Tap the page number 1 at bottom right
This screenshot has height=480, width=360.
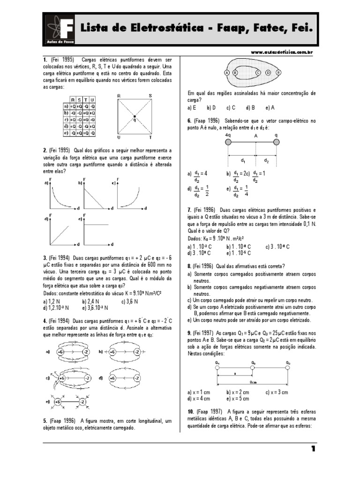coord(313,449)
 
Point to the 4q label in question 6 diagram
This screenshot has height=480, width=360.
coord(228,135)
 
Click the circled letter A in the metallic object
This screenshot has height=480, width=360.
coord(227,73)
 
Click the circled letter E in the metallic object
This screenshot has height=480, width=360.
coord(278,73)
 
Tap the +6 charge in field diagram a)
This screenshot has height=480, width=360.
coord(60,352)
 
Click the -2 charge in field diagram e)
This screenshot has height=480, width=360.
coord(82,402)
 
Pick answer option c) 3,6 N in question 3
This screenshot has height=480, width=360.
coord(131,301)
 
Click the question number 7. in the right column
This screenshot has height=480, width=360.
coord(188,210)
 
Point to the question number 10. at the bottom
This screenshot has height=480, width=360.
coord(189,411)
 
